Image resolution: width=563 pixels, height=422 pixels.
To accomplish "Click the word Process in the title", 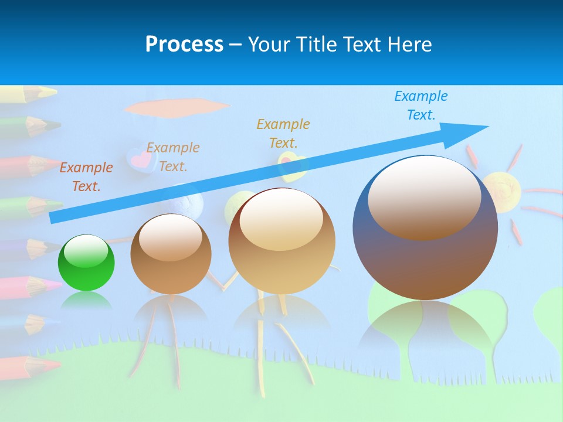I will coord(184,44).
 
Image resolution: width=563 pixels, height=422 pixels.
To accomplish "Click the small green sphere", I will coord(86,263).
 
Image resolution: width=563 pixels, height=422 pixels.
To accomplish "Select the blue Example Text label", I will coord(420,105).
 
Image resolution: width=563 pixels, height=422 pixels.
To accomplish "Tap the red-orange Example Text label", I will coord(86,177).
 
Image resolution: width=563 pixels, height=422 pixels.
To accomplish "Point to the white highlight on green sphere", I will coord(86,253).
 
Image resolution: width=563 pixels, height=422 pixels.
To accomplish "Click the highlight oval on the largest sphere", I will coord(424,198).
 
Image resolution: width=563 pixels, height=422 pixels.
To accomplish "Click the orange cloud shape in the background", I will coord(176,107).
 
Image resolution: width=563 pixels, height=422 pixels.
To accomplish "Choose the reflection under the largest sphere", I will coord(425,328).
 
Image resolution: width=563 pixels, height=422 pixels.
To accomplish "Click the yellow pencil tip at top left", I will coord(47,92).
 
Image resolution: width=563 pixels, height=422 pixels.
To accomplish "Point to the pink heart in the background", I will coord(139,158).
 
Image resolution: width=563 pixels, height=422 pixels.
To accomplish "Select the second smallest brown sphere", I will coord(171,254).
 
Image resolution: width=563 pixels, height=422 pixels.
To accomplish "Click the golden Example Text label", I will coord(283,133).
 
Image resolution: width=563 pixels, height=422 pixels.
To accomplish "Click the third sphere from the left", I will coord(282,241).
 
